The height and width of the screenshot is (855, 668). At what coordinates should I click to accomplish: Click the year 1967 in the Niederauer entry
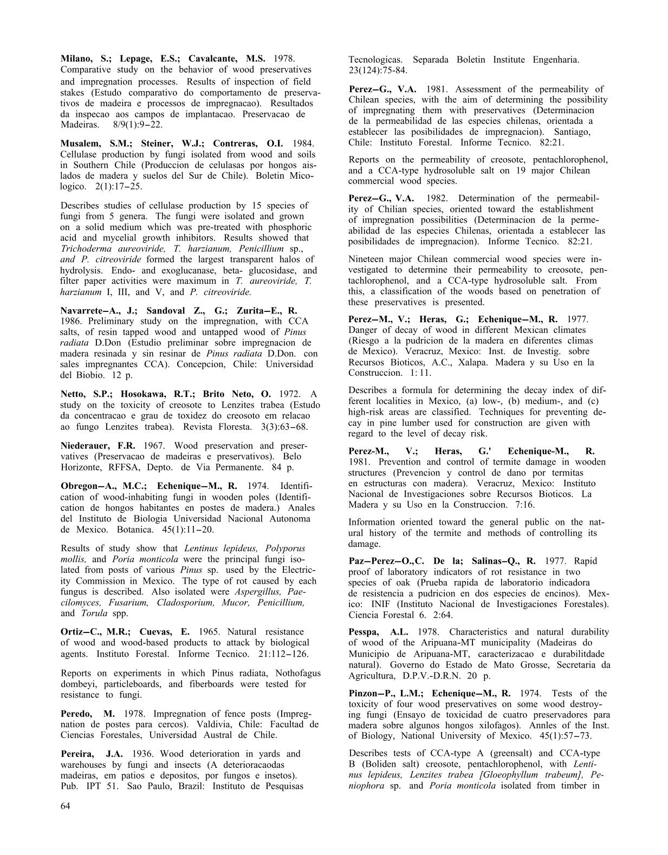(x=154, y=446)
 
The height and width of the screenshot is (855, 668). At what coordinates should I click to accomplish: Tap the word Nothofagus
(x=298, y=673)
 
